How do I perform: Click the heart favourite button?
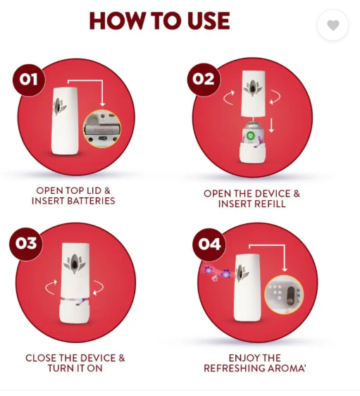333,25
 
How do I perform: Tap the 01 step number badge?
29,80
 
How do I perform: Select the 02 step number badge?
204,80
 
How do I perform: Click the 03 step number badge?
26,244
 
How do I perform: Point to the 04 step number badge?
209,245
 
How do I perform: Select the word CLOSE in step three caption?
41,358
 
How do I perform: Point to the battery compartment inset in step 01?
101,129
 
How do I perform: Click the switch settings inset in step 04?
284,295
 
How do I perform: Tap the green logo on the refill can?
249,136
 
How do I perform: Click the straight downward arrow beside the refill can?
271,124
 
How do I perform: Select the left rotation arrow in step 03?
51,287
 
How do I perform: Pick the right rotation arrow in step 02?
275,97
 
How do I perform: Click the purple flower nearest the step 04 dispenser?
225,273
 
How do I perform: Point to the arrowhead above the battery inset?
102,104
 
